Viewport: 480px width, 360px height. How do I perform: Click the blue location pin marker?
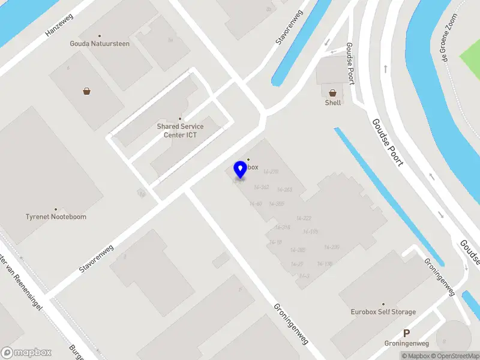pyautogui.click(x=240, y=169)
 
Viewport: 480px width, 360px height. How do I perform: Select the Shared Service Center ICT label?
pyautogui.click(x=180, y=130)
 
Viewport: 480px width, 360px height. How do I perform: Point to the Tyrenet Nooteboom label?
pyautogui.click(x=56, y=217)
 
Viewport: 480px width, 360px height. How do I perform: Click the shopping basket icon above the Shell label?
pyautogui.click(x=332, y=92)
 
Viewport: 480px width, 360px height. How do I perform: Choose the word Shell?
pyautogui.click(x=333, y=103)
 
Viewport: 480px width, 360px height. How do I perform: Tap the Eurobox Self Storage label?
pyautogui.click(x=383, y=312)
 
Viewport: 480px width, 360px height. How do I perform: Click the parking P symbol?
pyautogui.click(x=406, y=334)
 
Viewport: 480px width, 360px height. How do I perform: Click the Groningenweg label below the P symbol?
pyautogui.click(x=406, y=344)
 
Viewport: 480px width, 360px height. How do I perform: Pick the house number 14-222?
pyautogui.click(x=304, y=218)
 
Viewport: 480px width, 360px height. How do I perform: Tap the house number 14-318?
pyautogui.click(x=282, y=227)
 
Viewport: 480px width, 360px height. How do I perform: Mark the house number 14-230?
pyautogui.click(x=332, y=247)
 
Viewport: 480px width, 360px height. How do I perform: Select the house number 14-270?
pyautogui.click(x=271, y=172)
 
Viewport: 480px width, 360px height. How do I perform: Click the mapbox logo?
pyautogui.click(x=26, y=353)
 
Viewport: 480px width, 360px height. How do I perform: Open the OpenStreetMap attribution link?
pyautogui.click(x=458, y=356)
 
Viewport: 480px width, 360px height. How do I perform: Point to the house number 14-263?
pyautogui.click(x=284, y=190)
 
